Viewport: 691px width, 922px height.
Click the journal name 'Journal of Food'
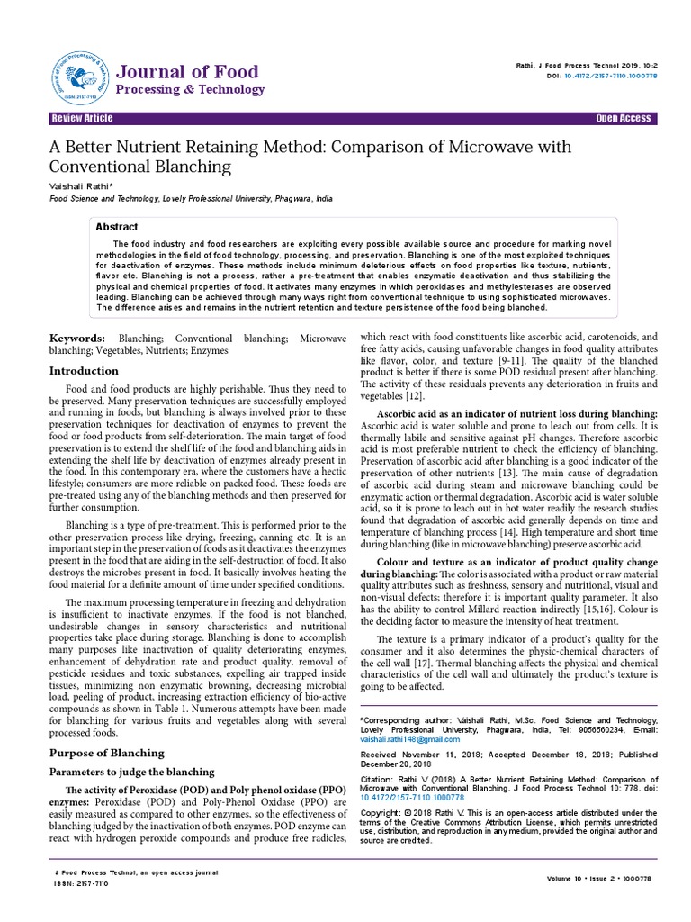coord(188,71)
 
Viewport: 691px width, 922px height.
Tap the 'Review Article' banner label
coord(83,119)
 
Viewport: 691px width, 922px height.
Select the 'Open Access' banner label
coord(623,119)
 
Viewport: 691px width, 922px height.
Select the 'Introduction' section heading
coord(83,370)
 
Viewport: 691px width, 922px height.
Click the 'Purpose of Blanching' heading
coord(106,753)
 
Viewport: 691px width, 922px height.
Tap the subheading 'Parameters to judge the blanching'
coord(130,772)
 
